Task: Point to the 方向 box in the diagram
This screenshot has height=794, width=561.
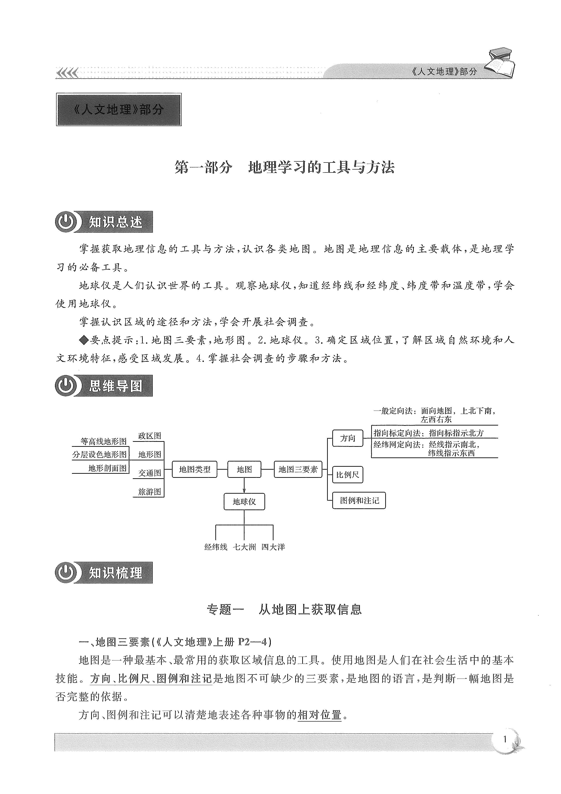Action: (347, 438)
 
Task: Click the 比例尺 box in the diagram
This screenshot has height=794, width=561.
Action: (347, 475)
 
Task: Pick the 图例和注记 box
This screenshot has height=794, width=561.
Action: (359, 500)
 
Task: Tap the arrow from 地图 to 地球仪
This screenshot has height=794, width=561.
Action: (244, 485)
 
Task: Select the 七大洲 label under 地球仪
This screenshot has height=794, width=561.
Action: (244, 547)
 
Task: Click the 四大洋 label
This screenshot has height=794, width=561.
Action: (273, 547)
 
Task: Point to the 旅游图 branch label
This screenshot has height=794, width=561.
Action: (150, 492)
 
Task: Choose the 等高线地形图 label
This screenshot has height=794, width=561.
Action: (103, 441)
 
